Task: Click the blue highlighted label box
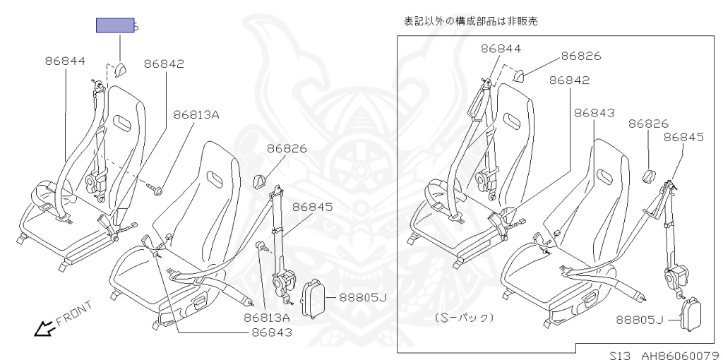(x=116, y=25)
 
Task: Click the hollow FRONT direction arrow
(x=45, y=328)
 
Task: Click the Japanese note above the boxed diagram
(x=470, y=21)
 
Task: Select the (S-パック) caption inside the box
(x=464, y=318)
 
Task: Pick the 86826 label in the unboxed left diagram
(x=287, y=149)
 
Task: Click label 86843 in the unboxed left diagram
(x=272, y=332)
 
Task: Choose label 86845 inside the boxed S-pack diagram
(x=683, y=138)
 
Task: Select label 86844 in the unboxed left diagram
(x=65, y=61)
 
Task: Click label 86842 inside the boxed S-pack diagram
(x=569, y=80)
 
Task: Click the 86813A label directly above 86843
(x=268, y=318)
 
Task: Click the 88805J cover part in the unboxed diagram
(x=312, y=298)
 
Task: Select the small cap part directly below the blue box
(x=119, y=69)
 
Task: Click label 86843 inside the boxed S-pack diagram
(x=594, y=113)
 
